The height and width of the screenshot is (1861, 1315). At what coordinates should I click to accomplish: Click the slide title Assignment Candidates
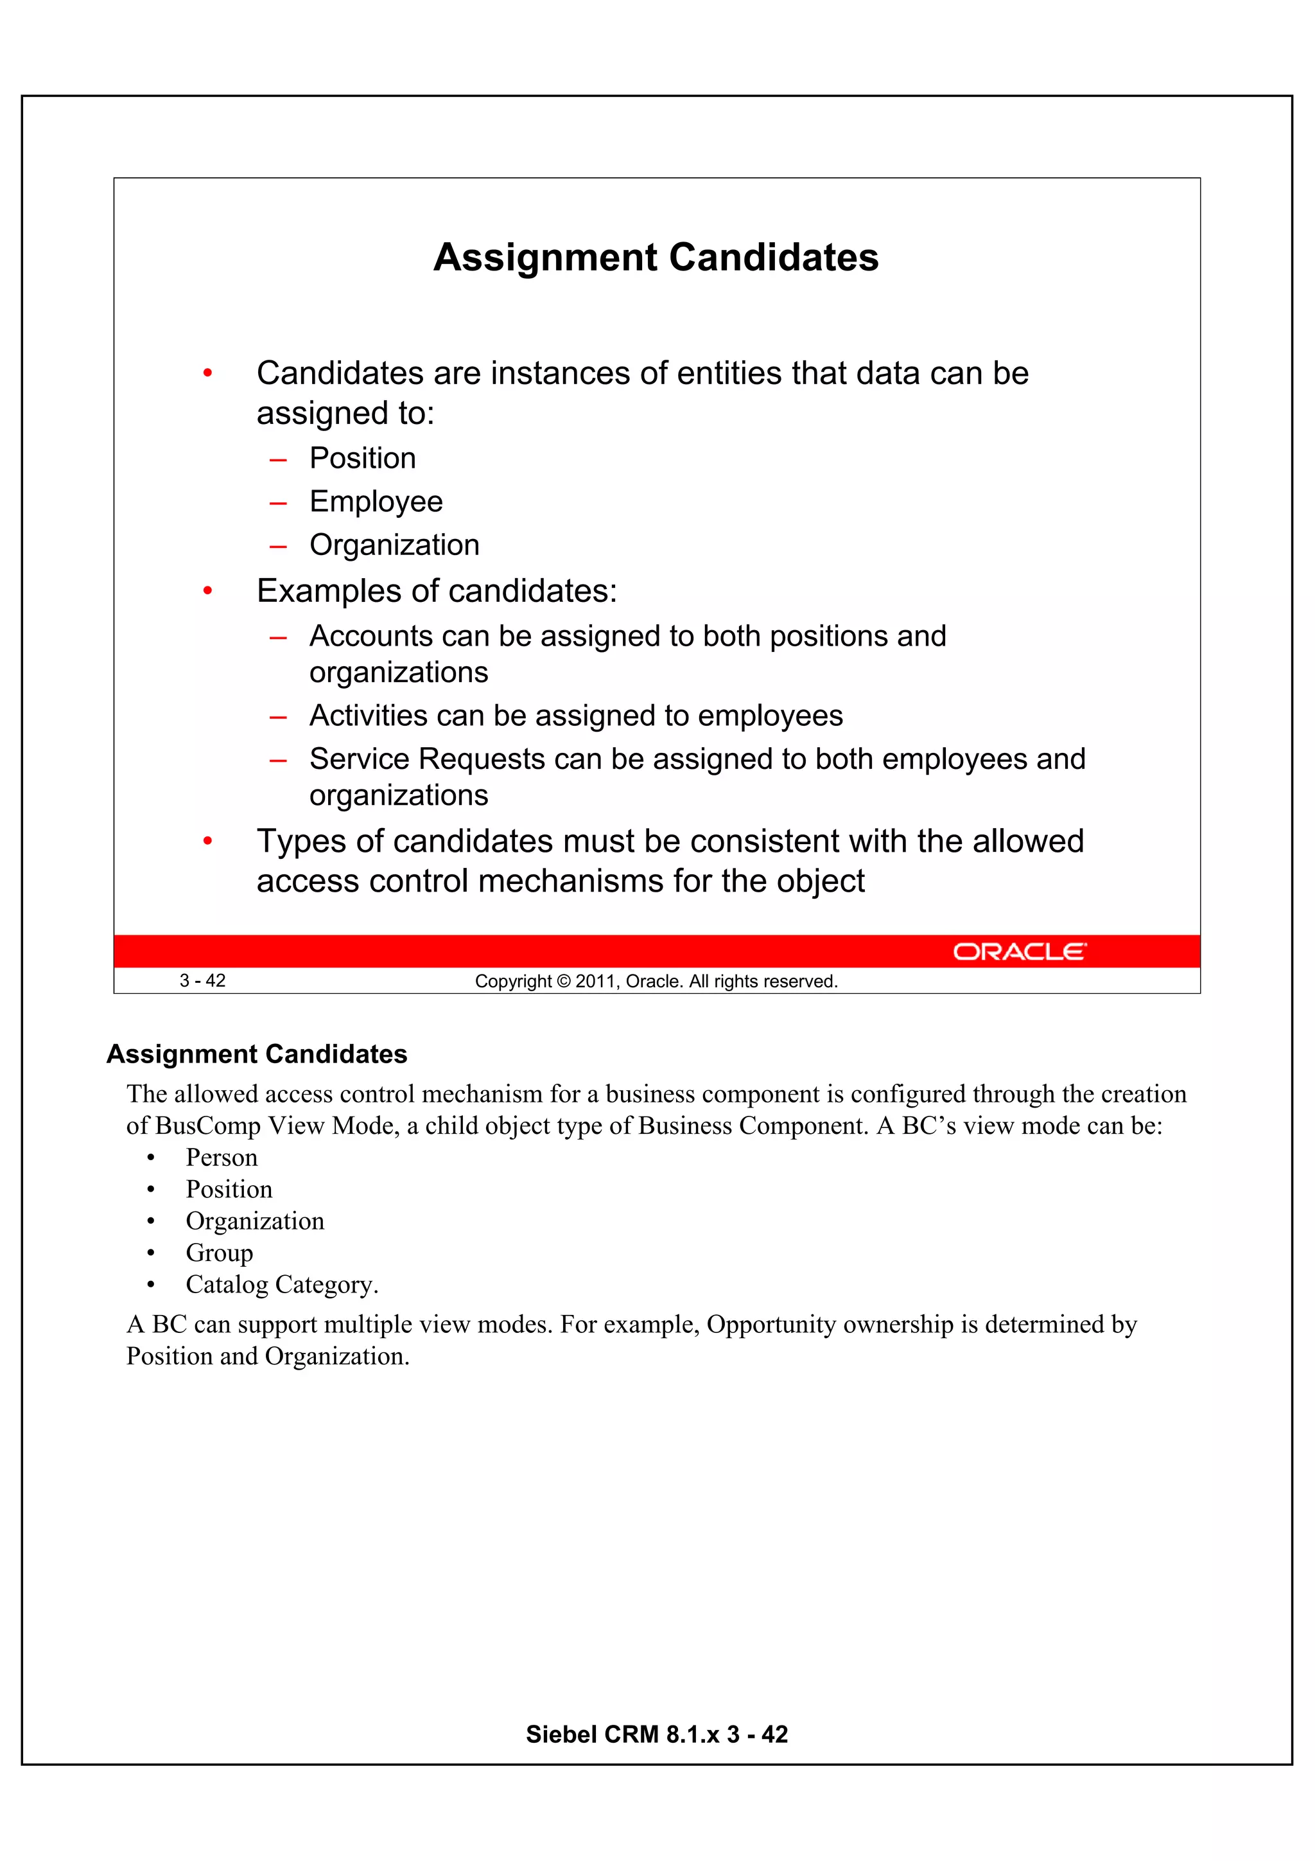[656, 258]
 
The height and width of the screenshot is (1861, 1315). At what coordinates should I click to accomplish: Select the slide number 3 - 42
[202, 981]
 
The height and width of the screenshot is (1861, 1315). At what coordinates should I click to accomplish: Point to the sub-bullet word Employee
[376, 502]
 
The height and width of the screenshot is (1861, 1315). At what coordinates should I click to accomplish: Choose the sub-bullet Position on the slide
[362, 459]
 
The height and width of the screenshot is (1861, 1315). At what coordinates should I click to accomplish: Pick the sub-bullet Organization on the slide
[394, 545]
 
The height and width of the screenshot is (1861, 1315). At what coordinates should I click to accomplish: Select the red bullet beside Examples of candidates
[207, 592]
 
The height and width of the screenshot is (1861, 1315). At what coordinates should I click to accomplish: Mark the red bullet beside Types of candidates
[207, 842]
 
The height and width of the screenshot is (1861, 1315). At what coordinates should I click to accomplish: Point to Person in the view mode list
[221, 1158]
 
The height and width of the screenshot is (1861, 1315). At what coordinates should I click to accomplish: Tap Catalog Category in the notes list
[281, 1285]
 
